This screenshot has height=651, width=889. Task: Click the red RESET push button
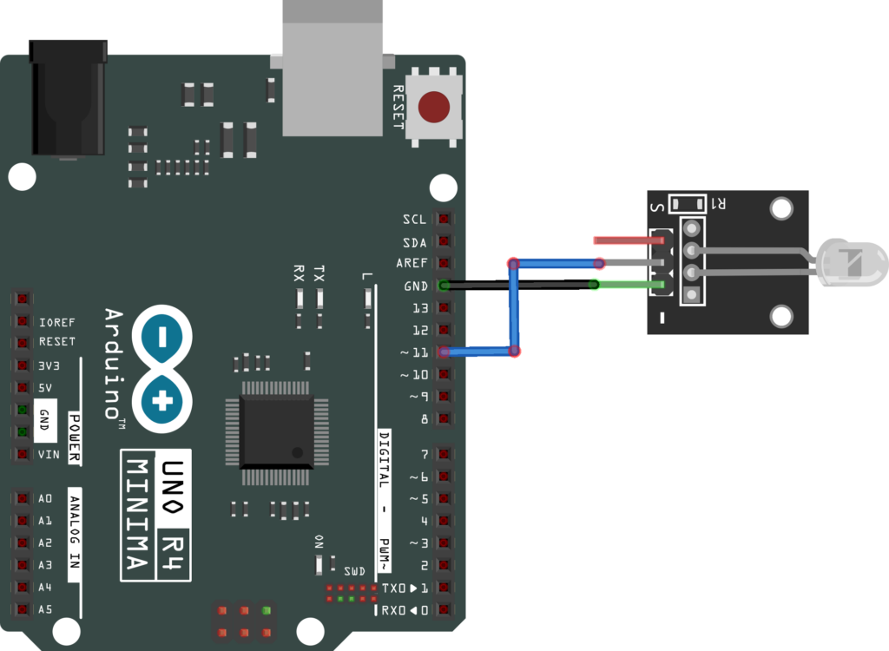coord(433,108)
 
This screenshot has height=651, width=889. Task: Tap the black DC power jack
coord(67,97)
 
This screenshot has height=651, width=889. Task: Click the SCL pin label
coord(415,220)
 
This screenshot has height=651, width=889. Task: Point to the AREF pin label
coord(411,264)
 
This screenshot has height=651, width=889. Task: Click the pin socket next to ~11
coord(445,352)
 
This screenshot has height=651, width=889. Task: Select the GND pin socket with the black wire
coord(445,286)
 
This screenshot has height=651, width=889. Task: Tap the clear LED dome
coord(854,263)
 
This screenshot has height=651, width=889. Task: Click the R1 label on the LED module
coord(719,204)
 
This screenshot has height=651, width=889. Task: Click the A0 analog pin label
coord(45,499)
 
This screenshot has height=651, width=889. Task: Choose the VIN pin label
coord(47,454)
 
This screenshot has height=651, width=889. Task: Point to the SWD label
coord(354,571)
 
